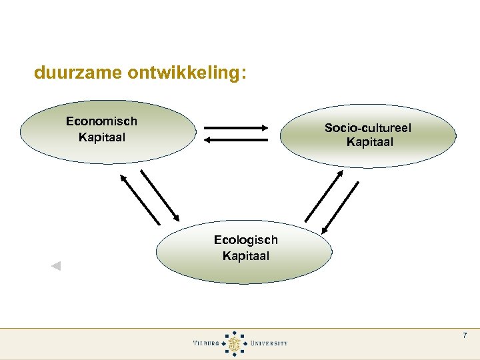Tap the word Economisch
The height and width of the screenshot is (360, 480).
(101, 121)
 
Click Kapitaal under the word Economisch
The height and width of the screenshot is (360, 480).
(101, 137)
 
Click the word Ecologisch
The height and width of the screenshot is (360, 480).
(245, 240)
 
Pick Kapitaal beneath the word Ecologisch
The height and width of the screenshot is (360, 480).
(245, 256)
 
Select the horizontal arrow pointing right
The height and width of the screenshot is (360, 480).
(236, 127)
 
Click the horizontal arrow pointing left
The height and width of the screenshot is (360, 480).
(236, 140)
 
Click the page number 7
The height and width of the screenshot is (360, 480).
(465, 335)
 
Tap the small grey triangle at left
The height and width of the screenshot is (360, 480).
(56, 266)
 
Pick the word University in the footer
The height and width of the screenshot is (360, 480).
(269, 343)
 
